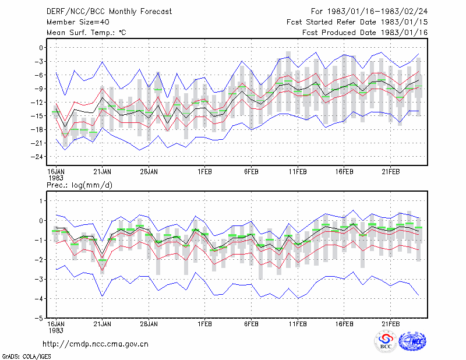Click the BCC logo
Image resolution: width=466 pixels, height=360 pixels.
tap(386, 342)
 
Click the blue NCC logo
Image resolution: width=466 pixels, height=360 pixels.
tap(412, 341)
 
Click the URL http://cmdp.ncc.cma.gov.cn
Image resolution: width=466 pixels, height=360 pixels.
tap(96, 344)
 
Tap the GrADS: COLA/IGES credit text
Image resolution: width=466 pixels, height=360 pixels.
tap(26, 357)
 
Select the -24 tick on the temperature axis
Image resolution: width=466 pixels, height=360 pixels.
tap(37, 157)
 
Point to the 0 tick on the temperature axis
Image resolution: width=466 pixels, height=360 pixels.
tap(41, 48)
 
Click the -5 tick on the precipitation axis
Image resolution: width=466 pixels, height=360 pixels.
tap(38, 319)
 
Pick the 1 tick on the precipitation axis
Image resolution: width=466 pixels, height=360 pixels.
tap(41, 201)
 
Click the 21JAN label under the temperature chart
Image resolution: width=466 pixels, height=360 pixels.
tap(103, 172)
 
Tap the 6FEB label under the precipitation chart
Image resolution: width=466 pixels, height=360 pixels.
tap(252, 324)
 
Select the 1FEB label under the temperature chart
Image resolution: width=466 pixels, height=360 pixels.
tap(205, 172)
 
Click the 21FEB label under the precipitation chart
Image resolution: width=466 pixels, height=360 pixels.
tap(391, 324)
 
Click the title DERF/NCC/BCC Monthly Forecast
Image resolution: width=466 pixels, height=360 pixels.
tap(109, 12)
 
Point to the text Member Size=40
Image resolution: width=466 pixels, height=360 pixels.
tap(78, 22)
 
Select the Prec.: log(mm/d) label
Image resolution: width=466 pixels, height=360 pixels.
tap(79, 185)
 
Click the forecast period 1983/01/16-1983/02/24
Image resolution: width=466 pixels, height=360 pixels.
tap(377, 12)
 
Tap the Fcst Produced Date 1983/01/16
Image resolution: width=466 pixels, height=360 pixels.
tap(365, 33)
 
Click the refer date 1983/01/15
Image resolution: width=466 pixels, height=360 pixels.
tap(404, 22)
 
